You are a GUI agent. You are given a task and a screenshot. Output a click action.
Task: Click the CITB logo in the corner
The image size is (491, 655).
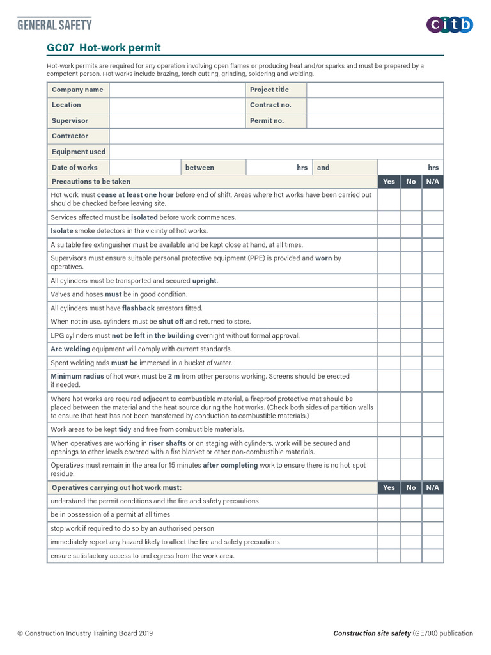(449, 25)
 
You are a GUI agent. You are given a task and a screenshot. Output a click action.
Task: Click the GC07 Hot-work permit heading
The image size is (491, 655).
(104, 47)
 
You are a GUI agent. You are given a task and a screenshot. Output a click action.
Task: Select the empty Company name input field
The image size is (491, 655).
(177, 90)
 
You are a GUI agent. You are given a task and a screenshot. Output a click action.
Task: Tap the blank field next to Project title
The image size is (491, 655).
(375, 90)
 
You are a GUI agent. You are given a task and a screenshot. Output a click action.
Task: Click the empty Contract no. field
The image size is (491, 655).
(375, 105)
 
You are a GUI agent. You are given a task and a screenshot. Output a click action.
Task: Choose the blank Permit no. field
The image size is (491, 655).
(375, 120)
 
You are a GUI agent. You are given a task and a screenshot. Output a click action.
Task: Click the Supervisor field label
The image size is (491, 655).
(70, 120)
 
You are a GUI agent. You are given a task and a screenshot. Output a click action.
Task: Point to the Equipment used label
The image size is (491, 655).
(79, 152)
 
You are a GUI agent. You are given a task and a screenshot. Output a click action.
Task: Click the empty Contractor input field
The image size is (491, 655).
(276, 136)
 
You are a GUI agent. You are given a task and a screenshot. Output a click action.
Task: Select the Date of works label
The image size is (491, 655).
(75, 168)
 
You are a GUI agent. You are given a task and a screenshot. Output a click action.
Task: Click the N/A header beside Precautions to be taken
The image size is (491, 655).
(432, 182)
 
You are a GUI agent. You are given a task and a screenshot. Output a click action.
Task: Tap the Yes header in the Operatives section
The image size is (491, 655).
(389, 487)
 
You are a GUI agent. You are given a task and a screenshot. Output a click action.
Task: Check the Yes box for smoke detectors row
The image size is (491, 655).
(389, 231)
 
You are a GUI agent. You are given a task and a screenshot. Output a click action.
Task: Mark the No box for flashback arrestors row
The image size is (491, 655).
(410, 308)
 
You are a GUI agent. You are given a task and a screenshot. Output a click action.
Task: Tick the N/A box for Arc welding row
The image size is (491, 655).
(432, 349)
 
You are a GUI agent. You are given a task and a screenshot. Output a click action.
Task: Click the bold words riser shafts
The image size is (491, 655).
(168, 443)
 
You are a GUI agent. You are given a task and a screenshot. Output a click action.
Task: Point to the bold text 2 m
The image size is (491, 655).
(174, 376)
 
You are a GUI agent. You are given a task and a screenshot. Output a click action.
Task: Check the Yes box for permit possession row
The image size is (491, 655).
(389, 514)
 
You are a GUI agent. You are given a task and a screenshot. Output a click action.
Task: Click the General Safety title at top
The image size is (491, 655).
(54, 25)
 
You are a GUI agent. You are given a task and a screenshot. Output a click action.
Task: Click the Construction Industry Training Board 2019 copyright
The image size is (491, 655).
(85, 633)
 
